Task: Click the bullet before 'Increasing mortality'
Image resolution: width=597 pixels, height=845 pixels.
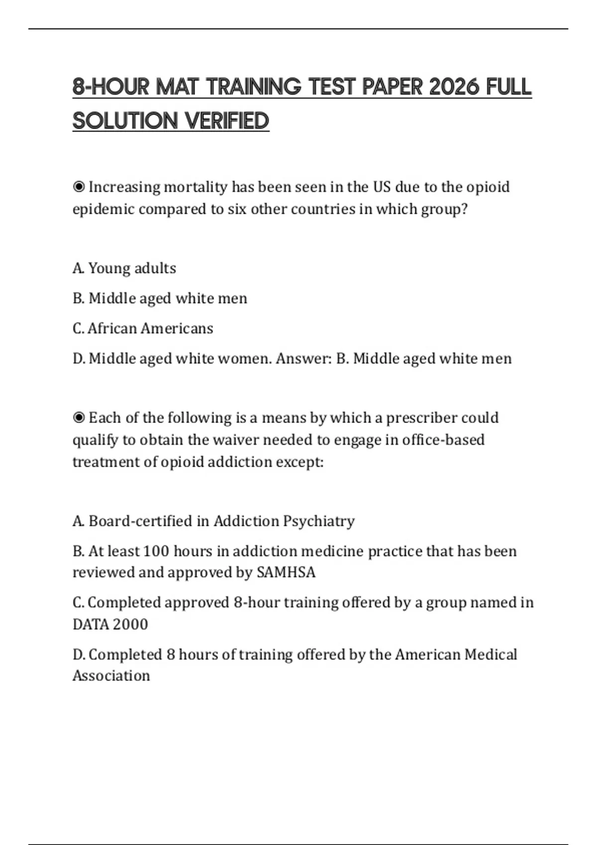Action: [x=79, y=187]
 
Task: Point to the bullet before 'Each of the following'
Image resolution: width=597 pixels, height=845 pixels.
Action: [x=79, y=418]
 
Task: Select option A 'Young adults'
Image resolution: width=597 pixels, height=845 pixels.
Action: [x=124, y=268]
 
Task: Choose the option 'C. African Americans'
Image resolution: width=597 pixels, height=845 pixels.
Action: [x=143, y=329]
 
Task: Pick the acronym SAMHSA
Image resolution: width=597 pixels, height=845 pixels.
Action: [x=286, y=573]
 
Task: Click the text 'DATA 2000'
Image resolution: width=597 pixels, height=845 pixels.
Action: [x=110, y=624]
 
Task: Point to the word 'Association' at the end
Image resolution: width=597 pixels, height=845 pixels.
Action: [x=111, y=676]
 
